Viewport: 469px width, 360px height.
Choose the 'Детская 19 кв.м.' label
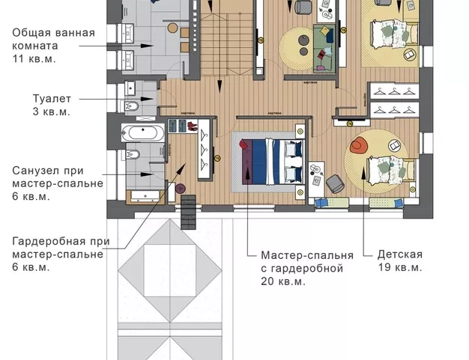[x=399, y=261]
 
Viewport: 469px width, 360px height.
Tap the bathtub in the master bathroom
[x=142, y=134]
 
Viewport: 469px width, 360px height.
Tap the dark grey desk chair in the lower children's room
[x=334, y=182]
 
